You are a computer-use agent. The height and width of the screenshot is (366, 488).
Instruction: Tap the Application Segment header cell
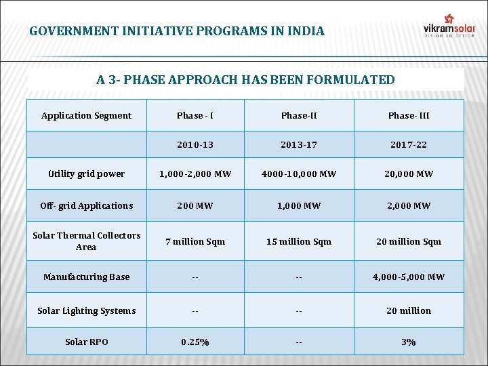pyautogui.click(x=86, y=115)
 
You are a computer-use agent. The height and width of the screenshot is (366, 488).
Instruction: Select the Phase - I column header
pyautogui.click(x=195, y=115)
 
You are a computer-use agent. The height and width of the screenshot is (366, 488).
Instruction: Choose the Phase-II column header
pyautogui.click(x=299, y=115)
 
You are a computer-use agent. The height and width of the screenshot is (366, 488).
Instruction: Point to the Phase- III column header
pyautogui.click(x=409, y=115)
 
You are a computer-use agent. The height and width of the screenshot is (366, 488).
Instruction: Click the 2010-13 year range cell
pyautogui.click(x=195, y=144)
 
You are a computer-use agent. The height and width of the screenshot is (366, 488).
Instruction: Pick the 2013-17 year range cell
pyautogui.click(x=299, y=144)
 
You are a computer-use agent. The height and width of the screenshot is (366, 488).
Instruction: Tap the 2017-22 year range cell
pyautogui.click(x=409, y=144)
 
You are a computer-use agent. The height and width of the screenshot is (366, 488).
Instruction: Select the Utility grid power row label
pyautogui.click(x=86, y=174)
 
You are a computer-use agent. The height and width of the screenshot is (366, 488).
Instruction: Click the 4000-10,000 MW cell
pyautogui.click(x=299, y=174)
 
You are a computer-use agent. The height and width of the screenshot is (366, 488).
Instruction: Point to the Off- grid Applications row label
pyautogui.click(x=86, y=205)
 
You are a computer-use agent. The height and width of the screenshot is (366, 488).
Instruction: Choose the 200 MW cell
pyautogui.click(x=195, y=205)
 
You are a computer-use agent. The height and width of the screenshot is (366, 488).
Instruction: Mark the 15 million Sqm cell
pyautogui.click(x=299, y=241)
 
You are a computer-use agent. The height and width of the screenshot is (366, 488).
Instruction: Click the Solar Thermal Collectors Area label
pyautogui.click(x=86, y=241)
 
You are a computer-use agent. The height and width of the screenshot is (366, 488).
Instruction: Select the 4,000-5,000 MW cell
pyautogui.click(x=409, y=277)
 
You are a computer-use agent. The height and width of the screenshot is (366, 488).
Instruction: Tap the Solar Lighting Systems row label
pyautogui.click(x=86, y=310)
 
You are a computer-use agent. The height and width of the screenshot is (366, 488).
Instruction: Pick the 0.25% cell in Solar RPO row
pyautogui.click(x=195, y=342)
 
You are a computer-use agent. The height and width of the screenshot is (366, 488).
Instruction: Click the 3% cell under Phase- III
pyautogui.click(x=409, y=342)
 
